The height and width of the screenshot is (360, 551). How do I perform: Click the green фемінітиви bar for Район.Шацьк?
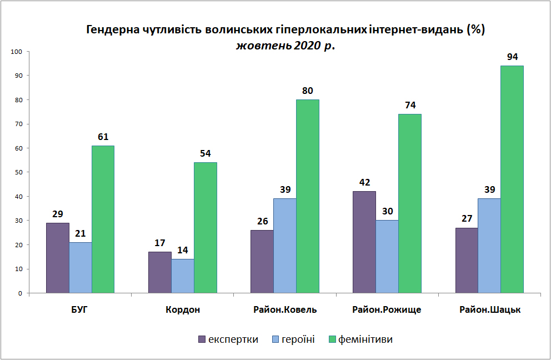click(x=512, y=179)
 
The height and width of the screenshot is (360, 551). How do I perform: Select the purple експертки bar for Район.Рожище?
click(x=364, y=242)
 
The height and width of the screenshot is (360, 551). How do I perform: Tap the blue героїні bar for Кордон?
click(x=183, y=276)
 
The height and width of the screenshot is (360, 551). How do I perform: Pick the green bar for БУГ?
click(x=103, y=219)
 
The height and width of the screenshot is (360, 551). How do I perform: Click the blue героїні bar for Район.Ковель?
click(x=285, y=246)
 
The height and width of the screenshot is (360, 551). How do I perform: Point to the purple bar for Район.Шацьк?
click(x=467, y=261)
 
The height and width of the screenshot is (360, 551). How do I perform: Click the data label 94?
click(x=512, y=57)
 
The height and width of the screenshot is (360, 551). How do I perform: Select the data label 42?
click(x=365, y=182)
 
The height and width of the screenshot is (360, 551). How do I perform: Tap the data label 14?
click(x=183, y=251)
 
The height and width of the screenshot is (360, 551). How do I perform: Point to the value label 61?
click(x=103, y=137)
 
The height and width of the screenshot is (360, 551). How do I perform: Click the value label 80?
click(x=308, y=91)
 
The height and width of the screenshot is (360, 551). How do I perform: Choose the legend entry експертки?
click(x=228, y=339)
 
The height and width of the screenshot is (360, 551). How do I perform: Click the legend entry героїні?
click(x=293, y=339)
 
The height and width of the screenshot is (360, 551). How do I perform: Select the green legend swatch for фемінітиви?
click(x=332, y=339)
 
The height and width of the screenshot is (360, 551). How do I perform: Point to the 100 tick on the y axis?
click(x=16, y=52)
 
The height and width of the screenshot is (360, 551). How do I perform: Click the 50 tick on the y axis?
click(x=18, y=172)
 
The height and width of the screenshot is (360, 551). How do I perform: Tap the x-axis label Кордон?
click(x=183, y=310)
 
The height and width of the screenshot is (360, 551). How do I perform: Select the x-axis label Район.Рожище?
click(x=387, y=310)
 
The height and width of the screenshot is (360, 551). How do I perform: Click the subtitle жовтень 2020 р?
click(x=285, y=46)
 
